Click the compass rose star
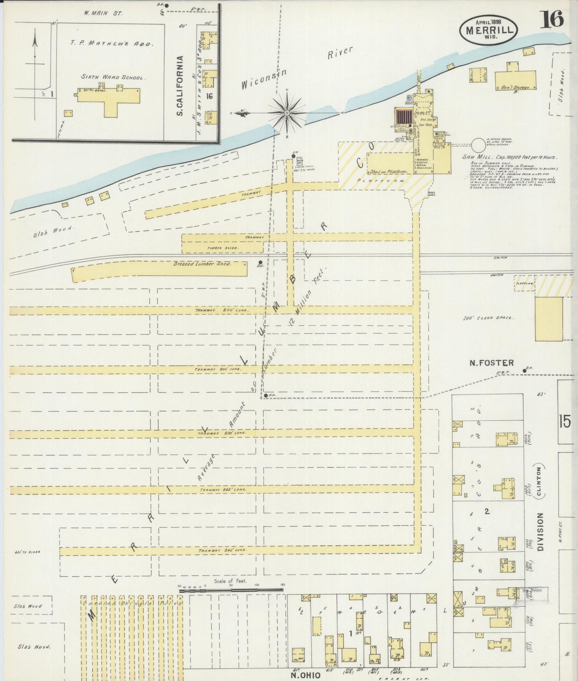287,113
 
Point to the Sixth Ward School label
112,77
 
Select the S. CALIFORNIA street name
180,86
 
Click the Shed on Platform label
388,172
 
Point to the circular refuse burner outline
478,144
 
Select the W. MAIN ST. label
97,13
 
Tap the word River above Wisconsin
340,53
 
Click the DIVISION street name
540,532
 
